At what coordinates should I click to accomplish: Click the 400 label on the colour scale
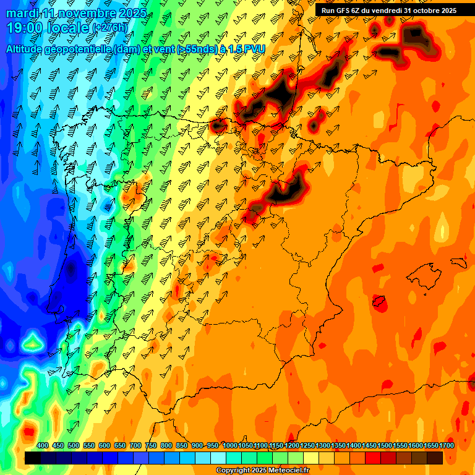click(x=43, y=445)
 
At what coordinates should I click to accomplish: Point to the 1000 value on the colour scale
click(x=229, y=445)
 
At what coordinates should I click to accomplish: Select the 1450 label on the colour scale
click(x=369, y=445)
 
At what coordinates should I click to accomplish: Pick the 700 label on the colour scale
click(x=135, y=445)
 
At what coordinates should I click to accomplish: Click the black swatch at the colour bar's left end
click(x=33, y=458)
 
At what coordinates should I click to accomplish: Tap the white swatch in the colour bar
click(x=218, y=458)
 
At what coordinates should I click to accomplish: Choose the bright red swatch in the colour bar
click(x=373, y=458)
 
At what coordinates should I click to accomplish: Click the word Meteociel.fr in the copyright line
click(x=288, y=470)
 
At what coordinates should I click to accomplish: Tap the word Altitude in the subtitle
click(x=28, y=49)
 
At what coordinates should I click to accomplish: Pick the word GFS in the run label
click(x=351, y=11)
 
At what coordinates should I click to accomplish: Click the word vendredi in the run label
click(x=387, y=11)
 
